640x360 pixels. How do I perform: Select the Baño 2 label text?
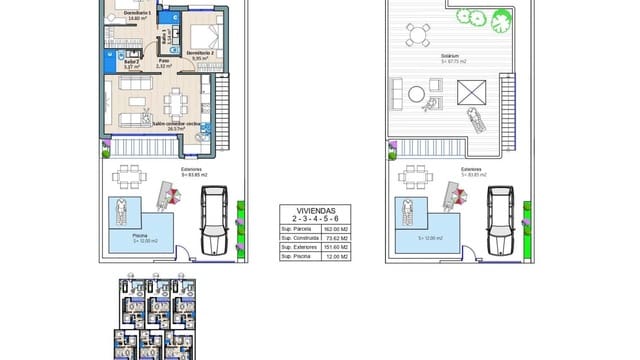[130, 60]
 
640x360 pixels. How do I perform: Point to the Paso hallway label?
[163, 61]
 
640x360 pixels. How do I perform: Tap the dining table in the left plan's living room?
[177, 101]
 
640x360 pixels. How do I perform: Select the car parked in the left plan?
[215, 219]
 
